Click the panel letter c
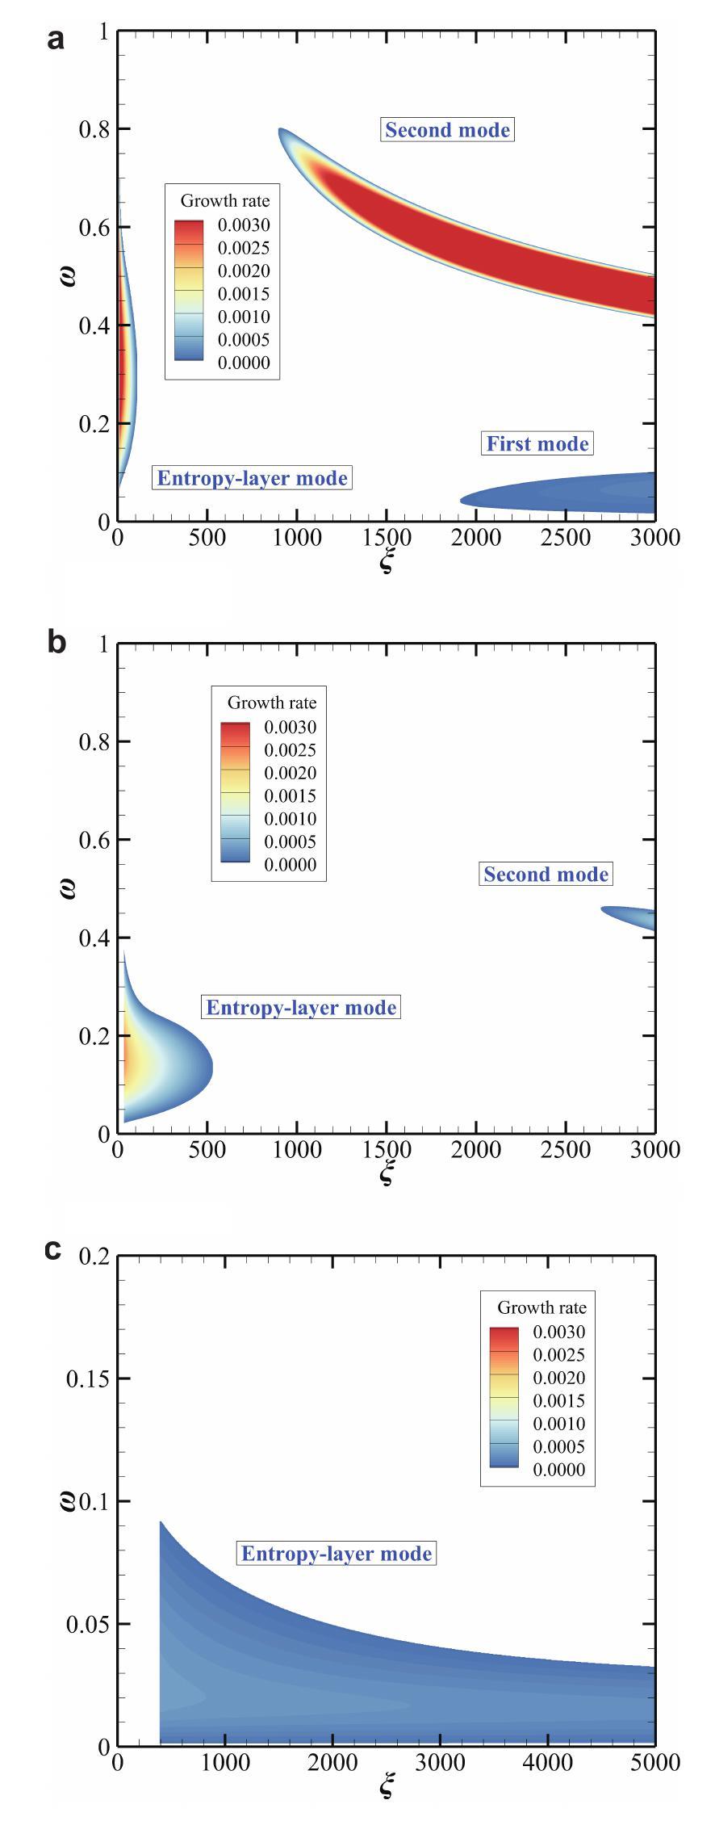(53, 1249)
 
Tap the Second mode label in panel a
(447, 130)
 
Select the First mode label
(537, 443)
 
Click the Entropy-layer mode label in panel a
(252, 478)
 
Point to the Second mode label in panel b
(546, 875)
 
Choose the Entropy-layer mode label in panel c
(337, 1554)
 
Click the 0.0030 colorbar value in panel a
(244, 225)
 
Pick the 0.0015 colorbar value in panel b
(291, 796)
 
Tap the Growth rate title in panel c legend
(541, 1307)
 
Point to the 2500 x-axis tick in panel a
(565, 537)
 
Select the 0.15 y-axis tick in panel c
(87, 1378)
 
